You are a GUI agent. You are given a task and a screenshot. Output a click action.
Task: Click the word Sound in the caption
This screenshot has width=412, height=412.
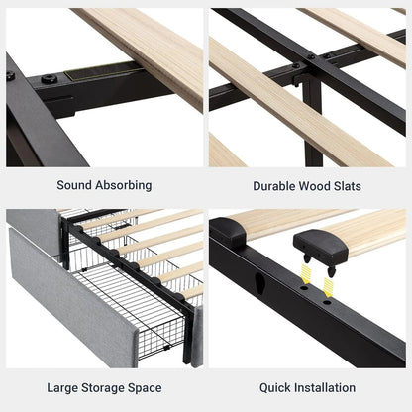74,185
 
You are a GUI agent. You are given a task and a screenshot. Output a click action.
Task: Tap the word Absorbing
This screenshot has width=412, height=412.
124,186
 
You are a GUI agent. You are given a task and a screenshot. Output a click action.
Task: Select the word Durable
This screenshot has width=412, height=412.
274,186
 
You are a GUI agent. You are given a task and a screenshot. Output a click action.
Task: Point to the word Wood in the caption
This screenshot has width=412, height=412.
314,186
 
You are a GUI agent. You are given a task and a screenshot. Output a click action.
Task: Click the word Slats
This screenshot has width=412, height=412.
348,186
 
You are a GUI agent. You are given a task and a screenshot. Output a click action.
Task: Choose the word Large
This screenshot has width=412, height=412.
62,388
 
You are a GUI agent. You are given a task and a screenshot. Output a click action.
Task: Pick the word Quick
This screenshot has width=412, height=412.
275,387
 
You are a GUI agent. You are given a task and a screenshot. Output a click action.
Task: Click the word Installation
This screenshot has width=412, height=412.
325,387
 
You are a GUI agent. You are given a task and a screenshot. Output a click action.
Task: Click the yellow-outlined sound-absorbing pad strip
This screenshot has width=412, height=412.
103,71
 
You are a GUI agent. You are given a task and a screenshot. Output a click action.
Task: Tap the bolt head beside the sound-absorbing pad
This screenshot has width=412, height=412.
50,79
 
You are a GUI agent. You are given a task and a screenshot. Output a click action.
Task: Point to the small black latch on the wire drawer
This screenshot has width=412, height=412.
166,348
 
